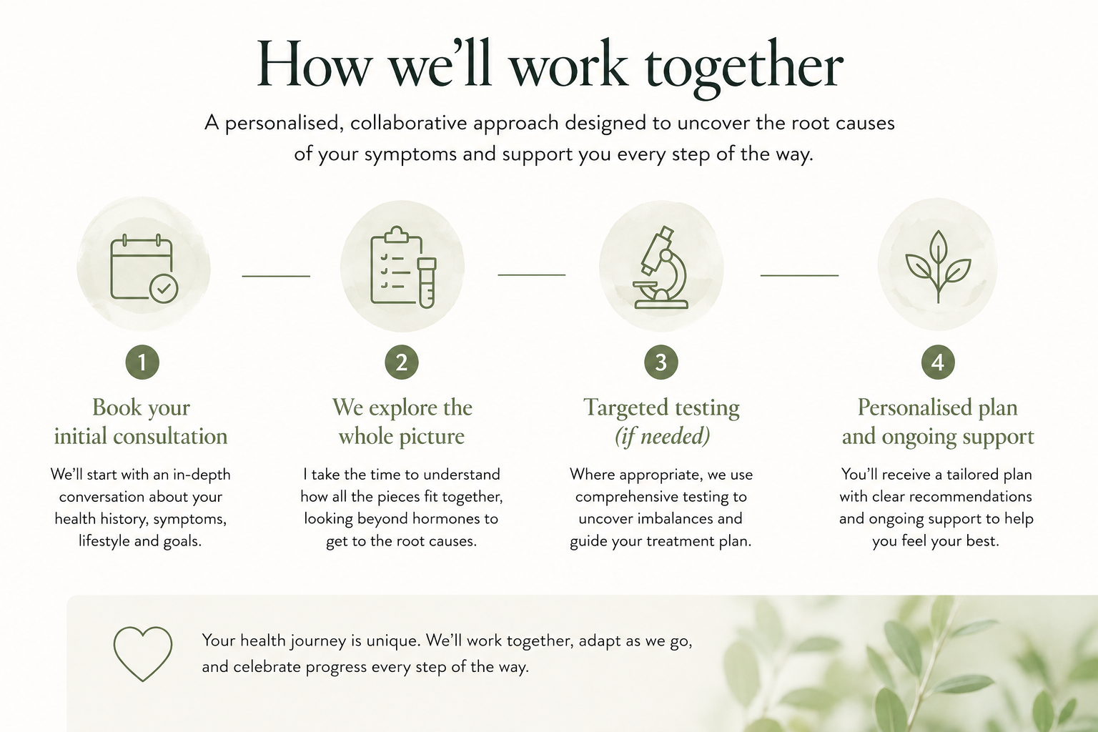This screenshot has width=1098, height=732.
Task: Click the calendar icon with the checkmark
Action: pos(144,268)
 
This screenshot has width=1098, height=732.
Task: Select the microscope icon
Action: pos(661,267)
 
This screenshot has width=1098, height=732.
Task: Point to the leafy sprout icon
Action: pos(938,267)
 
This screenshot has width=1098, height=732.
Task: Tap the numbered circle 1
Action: pos(142,362)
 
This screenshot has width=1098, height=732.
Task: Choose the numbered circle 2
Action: pos(402,362)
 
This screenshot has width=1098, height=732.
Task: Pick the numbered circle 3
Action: pos(661,362)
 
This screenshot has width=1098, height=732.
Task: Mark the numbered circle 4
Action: pos(938,362)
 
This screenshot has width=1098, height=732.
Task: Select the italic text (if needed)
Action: pos(662,436)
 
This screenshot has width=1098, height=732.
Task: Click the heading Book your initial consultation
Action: pos(141,422)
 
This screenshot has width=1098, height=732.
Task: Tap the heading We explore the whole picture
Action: pos(402,422)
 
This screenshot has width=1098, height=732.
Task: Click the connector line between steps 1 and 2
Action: pos(276,276)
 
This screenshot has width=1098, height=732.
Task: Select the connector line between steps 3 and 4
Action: pos(799,275)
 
